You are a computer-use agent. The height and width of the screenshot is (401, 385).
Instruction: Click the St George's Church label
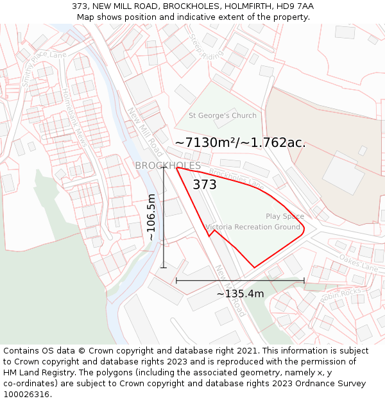pos(222,115)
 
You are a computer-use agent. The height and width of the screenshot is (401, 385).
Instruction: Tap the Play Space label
pos(285,216)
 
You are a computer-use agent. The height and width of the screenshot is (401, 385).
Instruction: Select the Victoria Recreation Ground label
pos(253,227)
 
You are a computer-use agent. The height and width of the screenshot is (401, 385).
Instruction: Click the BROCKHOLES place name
pos(167,166)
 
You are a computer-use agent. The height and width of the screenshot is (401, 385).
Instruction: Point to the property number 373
pos(205,185)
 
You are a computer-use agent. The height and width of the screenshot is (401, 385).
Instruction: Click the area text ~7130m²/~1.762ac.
pos(240,143)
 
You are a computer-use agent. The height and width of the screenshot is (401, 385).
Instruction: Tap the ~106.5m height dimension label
pos(151,217)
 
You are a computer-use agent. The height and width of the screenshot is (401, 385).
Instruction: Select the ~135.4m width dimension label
pos(240,294)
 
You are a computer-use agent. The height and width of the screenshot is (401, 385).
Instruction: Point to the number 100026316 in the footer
pos(26,395)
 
